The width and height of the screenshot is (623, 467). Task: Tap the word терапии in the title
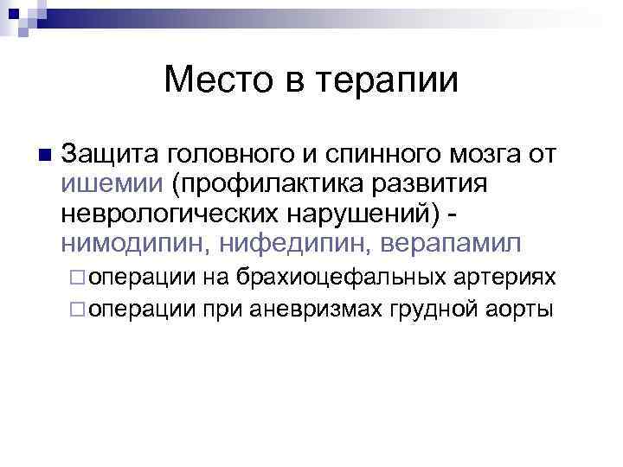[390, 81]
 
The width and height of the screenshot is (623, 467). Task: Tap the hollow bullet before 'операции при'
[79, 307]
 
